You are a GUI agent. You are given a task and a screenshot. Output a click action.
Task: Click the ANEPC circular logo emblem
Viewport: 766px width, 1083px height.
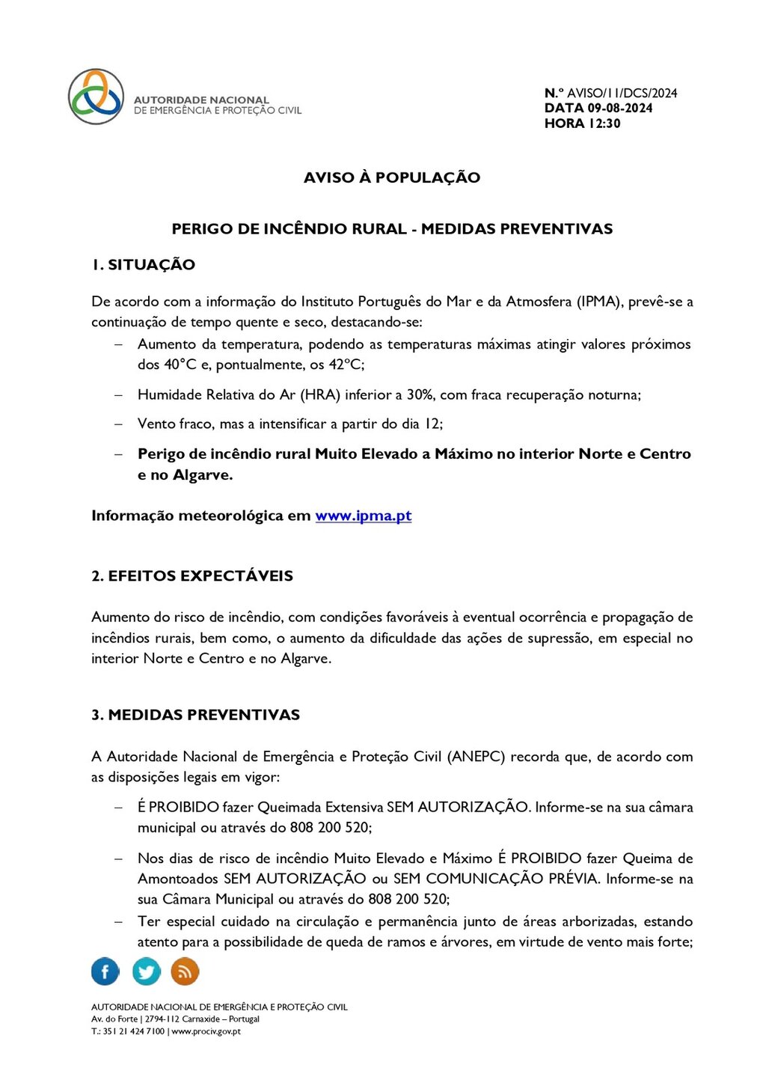(96, 97)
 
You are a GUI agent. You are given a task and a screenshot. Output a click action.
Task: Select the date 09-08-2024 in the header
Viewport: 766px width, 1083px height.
(619, 109)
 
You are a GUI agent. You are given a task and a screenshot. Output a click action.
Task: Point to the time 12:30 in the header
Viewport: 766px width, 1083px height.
(604, 123)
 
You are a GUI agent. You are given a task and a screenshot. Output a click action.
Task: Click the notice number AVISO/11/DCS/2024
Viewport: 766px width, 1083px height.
(622, 94)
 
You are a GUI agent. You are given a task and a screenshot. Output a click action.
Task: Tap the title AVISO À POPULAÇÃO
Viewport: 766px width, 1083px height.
(391, 178)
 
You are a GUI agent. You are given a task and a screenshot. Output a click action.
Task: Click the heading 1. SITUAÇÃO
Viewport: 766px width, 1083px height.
(143, 265)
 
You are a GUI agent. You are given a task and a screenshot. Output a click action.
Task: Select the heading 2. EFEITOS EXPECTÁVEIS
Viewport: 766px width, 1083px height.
(192, 576)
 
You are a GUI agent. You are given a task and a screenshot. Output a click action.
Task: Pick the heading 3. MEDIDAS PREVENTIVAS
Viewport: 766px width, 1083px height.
(195, 716)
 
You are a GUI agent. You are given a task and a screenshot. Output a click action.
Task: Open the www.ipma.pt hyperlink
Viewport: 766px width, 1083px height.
(364, 516)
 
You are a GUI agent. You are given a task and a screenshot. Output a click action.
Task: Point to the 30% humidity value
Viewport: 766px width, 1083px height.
(420, 395)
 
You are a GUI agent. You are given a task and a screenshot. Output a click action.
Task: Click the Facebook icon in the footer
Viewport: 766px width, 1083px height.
(105, 971)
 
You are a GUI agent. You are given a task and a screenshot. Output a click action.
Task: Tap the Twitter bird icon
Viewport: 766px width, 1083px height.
(147, 971)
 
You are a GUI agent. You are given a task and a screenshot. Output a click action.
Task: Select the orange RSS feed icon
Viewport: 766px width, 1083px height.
(185, 971)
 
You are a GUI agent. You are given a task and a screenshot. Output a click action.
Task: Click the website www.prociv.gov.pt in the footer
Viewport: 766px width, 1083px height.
(206, 1031)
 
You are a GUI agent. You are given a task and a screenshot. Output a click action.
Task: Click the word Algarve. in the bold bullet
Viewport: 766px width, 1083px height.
(203, 475)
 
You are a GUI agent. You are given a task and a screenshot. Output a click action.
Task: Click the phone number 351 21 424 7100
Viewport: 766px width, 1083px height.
(133, 1031)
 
